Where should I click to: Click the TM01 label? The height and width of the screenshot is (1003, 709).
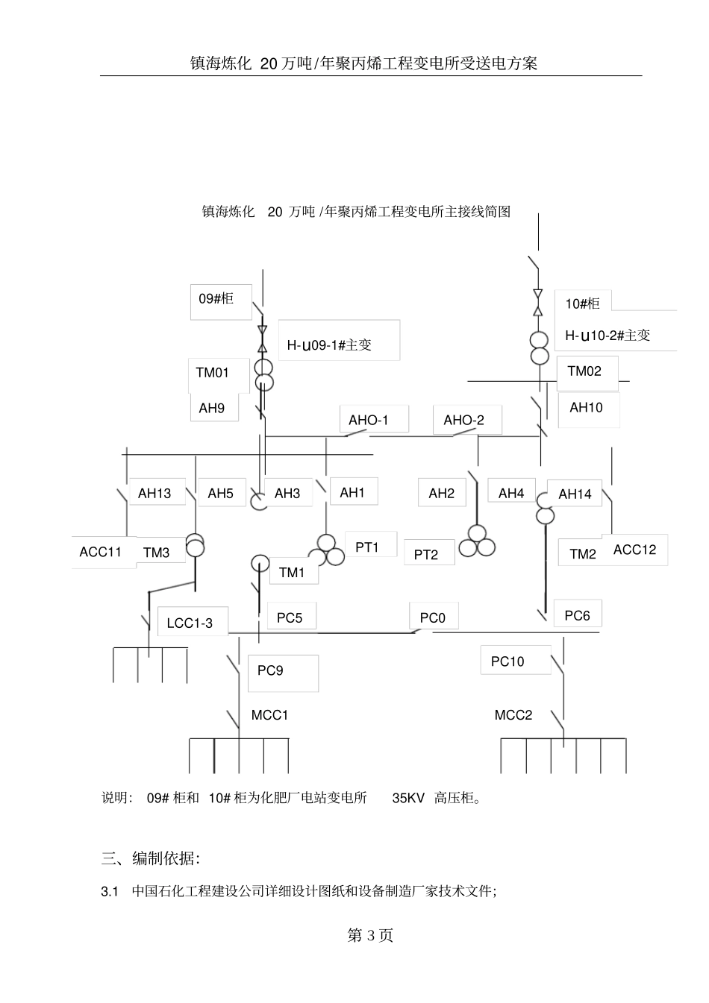coord(213,373)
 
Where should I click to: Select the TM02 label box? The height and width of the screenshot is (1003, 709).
coord(584,371)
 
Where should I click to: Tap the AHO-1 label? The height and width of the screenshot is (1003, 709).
coord(369,421)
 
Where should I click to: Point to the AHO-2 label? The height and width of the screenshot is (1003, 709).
coord(463,421)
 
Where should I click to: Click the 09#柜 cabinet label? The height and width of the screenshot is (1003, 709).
coord(216,299)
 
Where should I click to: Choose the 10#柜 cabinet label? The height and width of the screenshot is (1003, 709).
coord(582,304)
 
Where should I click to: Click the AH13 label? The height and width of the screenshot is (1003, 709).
coord(154,494)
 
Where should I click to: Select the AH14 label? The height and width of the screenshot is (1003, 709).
coord(575,494)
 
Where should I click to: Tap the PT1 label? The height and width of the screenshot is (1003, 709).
coord(367,547)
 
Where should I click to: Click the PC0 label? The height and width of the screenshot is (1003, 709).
coord(433,618)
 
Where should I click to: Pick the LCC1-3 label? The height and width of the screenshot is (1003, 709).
coord(190,623)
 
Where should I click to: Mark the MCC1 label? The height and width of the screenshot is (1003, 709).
coord(269,716)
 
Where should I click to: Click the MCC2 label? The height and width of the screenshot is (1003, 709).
coord(513,716)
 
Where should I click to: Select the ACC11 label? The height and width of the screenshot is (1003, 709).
coord(101,553)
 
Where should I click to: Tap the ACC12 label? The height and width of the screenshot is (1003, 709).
coord(634,550)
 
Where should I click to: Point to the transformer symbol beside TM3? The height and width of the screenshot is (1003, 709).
coord(195,544)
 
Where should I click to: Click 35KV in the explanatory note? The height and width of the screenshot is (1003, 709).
coord(408,799)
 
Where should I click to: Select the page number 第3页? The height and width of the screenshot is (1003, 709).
coord(370,935)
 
